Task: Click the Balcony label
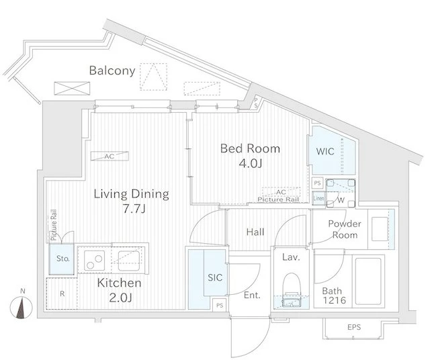pyautogui.click(x=112, y=71)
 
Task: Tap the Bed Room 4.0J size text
pyautogui.click(x=251, y=163)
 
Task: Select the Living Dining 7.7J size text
pyautogui.click(x=134, y=209)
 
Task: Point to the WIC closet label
pyautogui.click(x=325, y=151)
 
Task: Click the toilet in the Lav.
pyautogui.click(x=292, y=289)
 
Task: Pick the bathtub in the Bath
pyautogui.click(x=368, y=281)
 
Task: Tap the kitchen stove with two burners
pyautogui.click(x=94, y=261)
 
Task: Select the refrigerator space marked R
pyautogui.click(x=62, y=294)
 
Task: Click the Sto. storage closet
pyautogui.click(x=62, y=259)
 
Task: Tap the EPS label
pyautogui.click(x=354, y=327)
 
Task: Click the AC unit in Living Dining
pyautogui.click(x=110, y=156)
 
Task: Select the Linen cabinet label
pyautogui.click(x=318, y=198)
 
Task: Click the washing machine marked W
pyautogui.click(x=341, y=193)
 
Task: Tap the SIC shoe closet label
pyautogui.click(x=215, y=277)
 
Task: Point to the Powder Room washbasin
pyautogui.click(x=380, y=229)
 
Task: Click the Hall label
pyautogui.click(x=255, y=232)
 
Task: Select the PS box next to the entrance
pyautogui.click(x=220, y=305)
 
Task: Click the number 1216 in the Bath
pyautogui.click(x=335, y=300)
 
